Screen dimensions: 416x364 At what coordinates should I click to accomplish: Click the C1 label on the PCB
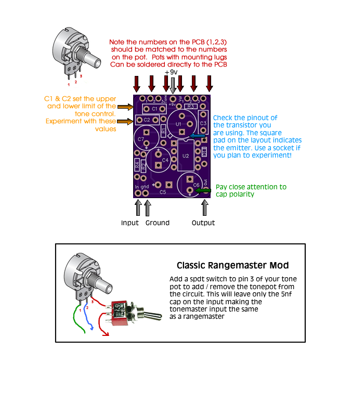[x=154, y=108]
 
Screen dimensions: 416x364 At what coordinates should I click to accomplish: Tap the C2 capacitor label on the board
[x=147, y=120]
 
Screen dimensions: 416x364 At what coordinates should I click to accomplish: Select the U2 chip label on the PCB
[x=186, y=155]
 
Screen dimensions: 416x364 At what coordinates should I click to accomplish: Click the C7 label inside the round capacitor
[x=141, y=139]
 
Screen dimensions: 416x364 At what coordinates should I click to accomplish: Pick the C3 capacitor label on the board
[x=203, y=123]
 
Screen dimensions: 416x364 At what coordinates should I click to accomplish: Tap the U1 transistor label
[x=178, y=125]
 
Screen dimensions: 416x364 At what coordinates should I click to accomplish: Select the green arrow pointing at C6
[x=204, y=190]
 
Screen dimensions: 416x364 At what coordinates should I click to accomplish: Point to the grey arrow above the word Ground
[x=148, y=207]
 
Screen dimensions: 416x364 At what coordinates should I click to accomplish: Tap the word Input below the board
[x=130, y=223]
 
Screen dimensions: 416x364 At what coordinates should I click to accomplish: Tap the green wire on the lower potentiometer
[x=75, y=323]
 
